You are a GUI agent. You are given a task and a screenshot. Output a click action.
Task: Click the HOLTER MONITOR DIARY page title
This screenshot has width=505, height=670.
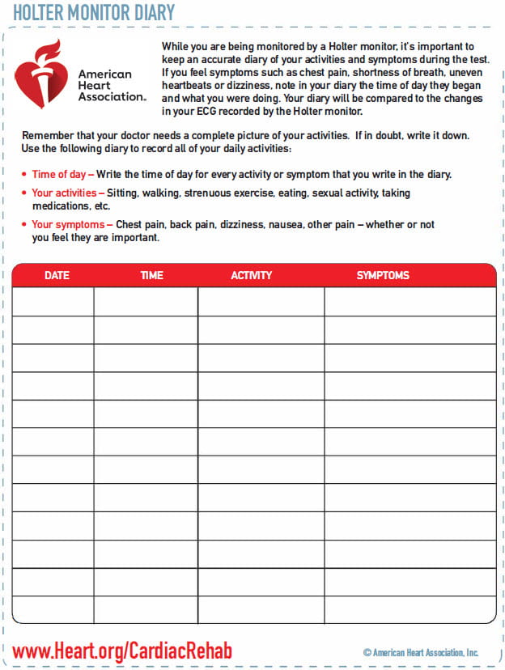coord(94,12)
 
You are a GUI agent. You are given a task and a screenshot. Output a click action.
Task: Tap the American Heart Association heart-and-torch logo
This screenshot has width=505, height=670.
coord(42,74)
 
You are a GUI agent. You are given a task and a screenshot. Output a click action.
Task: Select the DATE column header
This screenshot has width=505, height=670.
coord(57,275)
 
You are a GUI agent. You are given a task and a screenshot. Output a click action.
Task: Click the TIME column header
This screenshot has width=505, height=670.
coord(151,275)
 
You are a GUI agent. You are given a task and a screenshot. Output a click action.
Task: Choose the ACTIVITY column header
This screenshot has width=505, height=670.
coord(252,275)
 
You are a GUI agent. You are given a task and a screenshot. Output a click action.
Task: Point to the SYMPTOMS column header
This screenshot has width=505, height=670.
coord(383,275)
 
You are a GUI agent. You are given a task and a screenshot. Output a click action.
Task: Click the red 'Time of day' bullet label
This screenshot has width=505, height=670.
coord(62,174)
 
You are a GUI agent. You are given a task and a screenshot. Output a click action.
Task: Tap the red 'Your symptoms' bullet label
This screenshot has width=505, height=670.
coord(68,224)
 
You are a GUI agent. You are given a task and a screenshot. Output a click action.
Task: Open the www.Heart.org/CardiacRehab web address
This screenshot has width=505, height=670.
coord(122,651)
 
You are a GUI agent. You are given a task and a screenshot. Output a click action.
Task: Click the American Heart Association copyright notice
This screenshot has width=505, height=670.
coord(421,653)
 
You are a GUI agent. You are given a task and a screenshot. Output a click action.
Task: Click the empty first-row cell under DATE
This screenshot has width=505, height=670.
coord(53,302)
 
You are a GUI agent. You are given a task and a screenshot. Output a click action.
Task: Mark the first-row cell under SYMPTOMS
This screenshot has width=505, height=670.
coord(410,302)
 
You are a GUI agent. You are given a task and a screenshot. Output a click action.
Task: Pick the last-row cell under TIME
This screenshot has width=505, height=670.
coord(146,609)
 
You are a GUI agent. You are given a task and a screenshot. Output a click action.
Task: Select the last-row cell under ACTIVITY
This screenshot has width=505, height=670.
coord(261,609)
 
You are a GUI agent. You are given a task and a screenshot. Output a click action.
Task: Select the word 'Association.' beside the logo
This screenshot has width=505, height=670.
coord(112,96)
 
